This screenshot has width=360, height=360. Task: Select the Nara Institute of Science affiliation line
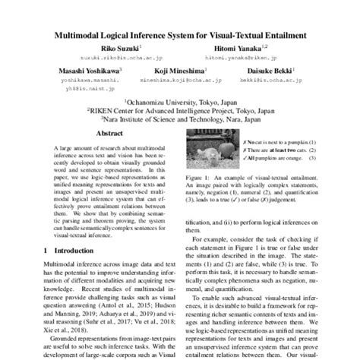[180, 118]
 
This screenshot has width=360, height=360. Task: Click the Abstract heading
[109, 131]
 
